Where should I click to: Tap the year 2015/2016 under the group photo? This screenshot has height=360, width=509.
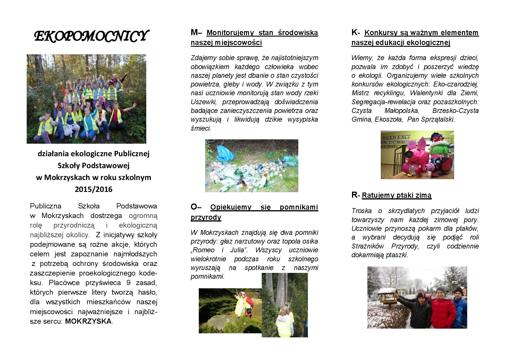pyautogui.click(x=93, y=189)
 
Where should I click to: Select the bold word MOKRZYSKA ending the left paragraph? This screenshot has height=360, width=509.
pyautogui.click(x=88, y=321)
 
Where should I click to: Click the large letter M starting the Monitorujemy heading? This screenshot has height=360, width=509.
pyautogui.click(x=194, y=33)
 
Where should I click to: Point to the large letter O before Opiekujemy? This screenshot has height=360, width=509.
pyautogui.click(x=194, y=207)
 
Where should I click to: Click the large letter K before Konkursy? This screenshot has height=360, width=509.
pyautogui.click(x=354, y=33)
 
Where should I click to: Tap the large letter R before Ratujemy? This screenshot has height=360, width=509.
pyautogui.click(x=354, y=195)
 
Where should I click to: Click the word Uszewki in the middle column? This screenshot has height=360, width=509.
pyautogui.click(x=203, y=102)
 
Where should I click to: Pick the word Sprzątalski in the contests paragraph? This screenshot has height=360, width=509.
pyautogui.click(x=439, y=119)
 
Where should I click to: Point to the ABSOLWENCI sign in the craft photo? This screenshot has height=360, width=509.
pyautogui.click(x=395, y=137)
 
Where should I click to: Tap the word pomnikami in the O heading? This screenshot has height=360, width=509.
pyautogui.click(x=299, y=207)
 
